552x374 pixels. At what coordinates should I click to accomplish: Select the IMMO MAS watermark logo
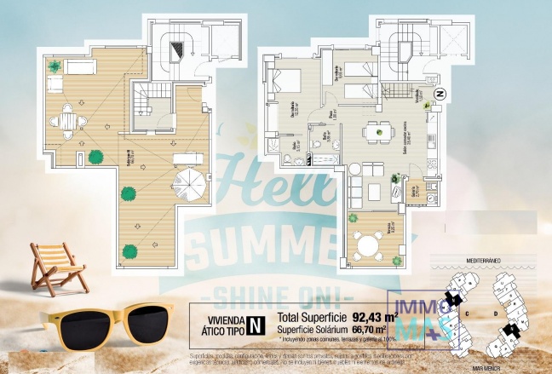(421, 320)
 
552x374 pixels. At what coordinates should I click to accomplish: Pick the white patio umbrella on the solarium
(189, 182)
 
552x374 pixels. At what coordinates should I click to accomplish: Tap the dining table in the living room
(372, 131)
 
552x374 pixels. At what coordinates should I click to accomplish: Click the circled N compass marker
(440, 94)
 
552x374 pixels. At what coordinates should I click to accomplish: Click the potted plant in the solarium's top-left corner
(54, 66)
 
